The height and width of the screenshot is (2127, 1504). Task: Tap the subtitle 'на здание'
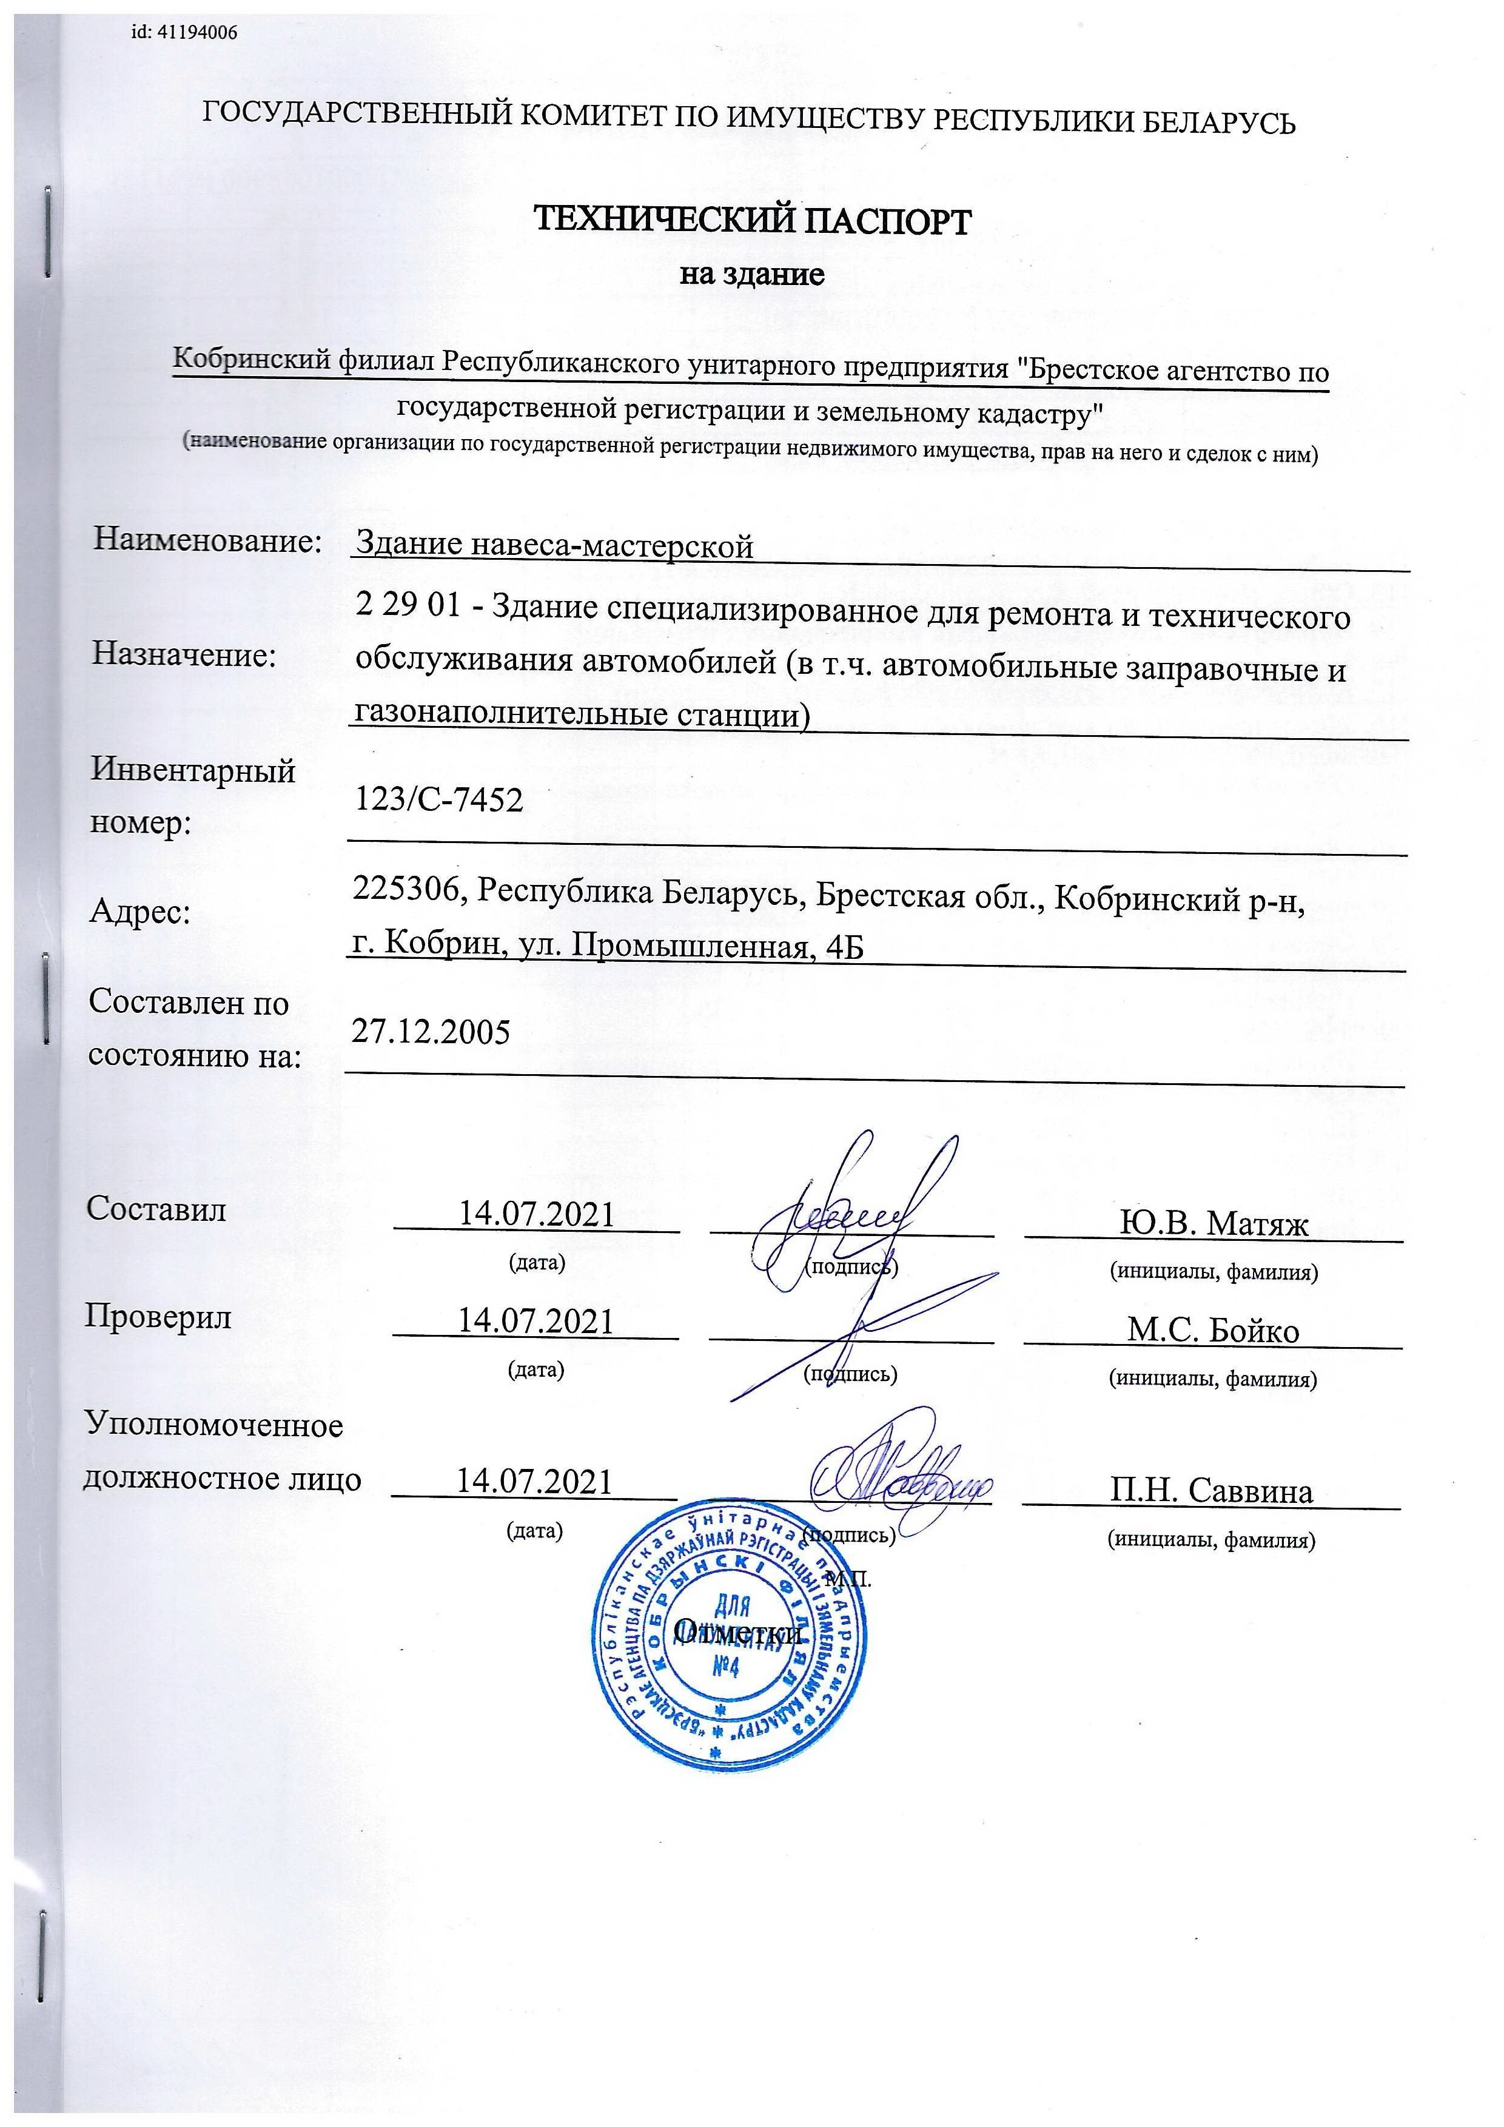(752, 275)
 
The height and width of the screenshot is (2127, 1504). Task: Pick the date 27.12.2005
(431, 1031)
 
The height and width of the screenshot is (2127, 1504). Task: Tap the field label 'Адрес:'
(140, 913)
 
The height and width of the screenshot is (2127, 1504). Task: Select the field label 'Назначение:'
(184, 656)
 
